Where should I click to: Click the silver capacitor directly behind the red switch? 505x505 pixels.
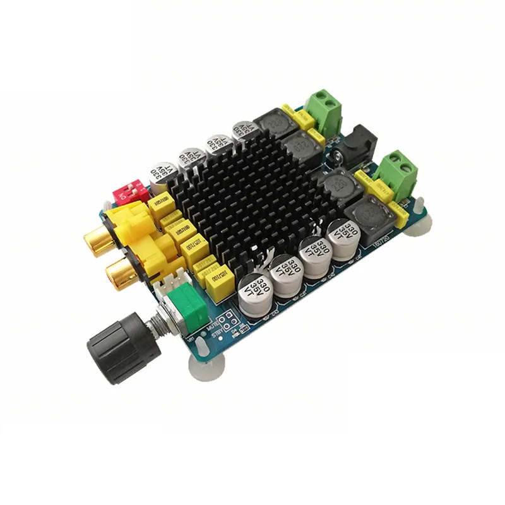tap(162, 176)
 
